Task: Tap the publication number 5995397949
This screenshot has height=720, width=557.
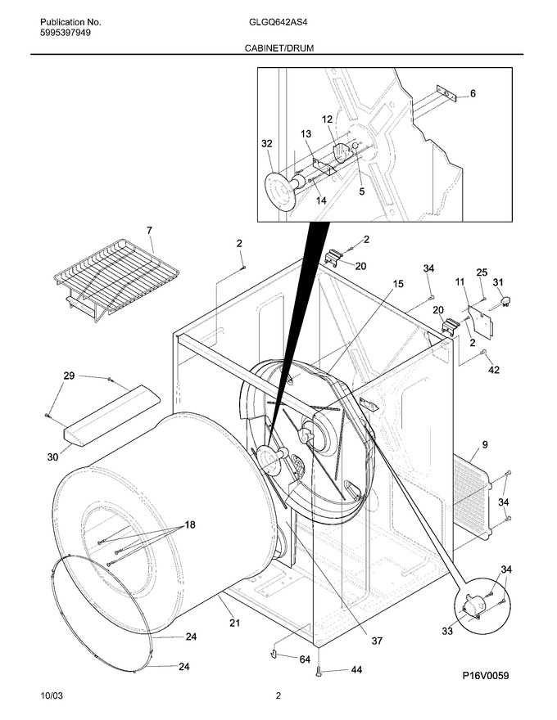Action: click(x=66, y=33)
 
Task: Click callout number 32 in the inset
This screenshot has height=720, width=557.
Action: click(x=266, y=144)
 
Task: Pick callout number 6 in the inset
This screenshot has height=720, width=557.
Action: click(x=473, y=93)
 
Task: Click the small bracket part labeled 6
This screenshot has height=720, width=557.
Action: click(x=446, y=93)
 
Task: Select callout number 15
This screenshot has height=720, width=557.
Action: click(x=398, y=284)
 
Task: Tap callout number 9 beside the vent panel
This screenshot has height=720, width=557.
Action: click(x=485, y=444)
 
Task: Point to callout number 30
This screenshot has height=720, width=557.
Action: click(x=53, y=457)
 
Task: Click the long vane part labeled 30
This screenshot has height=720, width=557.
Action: click(x=111, y=415)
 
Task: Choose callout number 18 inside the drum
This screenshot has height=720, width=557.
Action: click(x=190, y=524)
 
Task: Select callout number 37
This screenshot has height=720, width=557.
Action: click(x=377, y=641)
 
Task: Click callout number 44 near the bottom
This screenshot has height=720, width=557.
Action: click(x=356, y=670)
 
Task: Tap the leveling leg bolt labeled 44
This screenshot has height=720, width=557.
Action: click(x=318, y=672)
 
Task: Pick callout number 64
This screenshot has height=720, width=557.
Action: click(x=305, y=659)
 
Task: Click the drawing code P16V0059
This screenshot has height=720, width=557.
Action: click(x=486, y=676)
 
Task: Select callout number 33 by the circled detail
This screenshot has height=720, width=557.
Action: click(x=447, y=632)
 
